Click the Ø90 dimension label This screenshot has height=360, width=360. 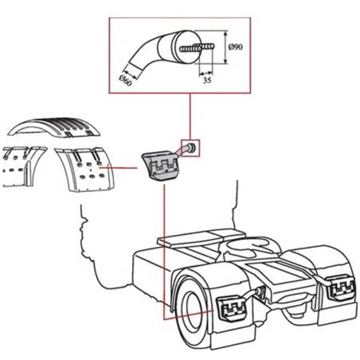tap(236, 47)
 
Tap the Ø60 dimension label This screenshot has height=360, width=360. tap(125, 80)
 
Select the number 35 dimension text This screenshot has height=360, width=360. tap(207, 80)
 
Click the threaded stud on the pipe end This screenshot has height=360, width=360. tap(198, 48)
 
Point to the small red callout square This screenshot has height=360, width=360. tap(190, 148)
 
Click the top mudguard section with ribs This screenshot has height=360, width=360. tap(54, 127)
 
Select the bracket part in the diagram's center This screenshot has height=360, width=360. tap(161, 166)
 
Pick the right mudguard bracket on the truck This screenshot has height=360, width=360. tap(341, 288)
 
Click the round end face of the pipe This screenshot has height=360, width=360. tap(186, 46)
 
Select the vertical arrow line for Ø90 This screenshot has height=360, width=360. tap(225, 47)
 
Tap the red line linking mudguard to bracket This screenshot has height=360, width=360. tap(118, 168)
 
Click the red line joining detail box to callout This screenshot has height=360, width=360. tap(190, 116)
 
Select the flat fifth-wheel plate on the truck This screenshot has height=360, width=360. tap(201, 237)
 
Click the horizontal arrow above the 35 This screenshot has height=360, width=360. tap(206, 72)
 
